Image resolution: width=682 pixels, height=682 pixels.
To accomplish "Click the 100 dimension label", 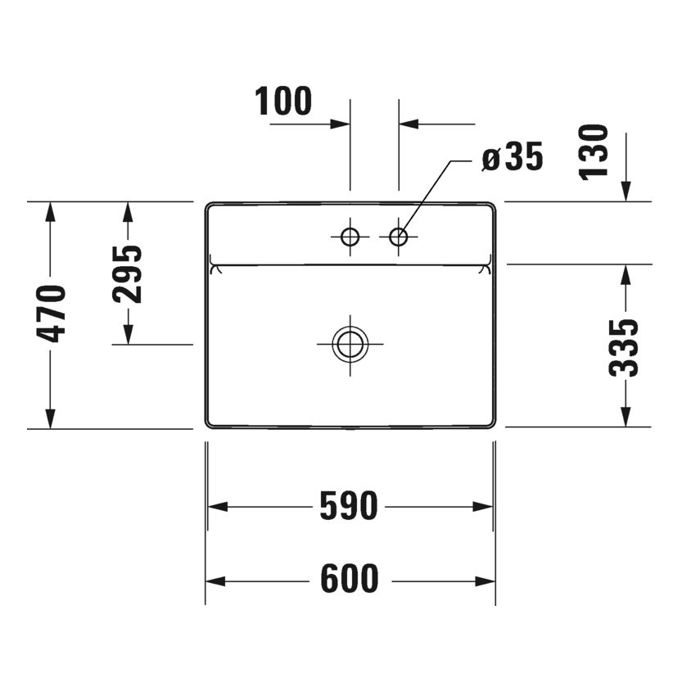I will pyautogui.click(x=283, y=102).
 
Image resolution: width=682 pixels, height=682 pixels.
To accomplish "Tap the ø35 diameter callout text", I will pyautogui.click(x=512, y=157).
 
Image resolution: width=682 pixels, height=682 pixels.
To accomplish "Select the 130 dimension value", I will pyautogui.click(x=594, y=151).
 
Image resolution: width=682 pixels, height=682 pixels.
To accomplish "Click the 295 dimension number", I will pyautogui.click(x=128, y=273).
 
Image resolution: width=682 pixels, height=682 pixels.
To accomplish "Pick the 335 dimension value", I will pyautogui.click(x=625, y=347).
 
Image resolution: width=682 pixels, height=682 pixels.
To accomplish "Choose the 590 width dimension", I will pyautogui.click(x=350, y=507).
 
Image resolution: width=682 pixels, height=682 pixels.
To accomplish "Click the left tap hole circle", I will pyautogui.click(x=350, y=237).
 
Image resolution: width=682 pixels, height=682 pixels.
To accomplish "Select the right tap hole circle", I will pyautogui.click(x=399, y=237).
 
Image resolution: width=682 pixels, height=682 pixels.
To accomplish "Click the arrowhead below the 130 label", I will pyautogui.click(x=626, y=191).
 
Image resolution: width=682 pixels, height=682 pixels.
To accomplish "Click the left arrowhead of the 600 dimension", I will pyautogui.click(x=215, y=581).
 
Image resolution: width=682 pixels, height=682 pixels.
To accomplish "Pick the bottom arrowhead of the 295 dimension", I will pyautogui.click(x=128, y=334).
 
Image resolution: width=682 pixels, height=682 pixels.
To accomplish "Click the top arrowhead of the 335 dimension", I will pyautogui.click(x=626, y=274).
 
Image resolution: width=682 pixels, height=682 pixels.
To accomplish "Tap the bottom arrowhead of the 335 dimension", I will pyautogui.click(x=626, y=417).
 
